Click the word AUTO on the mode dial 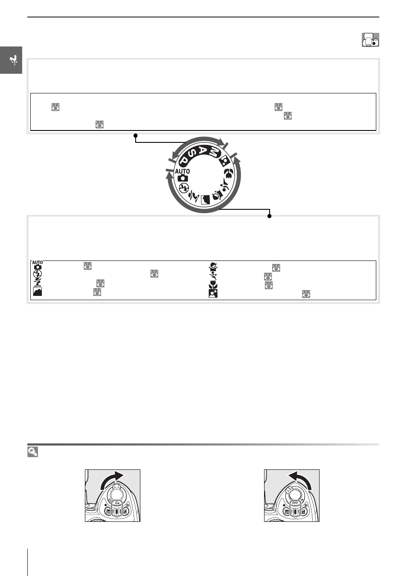(183, 171)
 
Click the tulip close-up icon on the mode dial (227, 174)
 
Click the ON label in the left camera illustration (117, 503)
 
